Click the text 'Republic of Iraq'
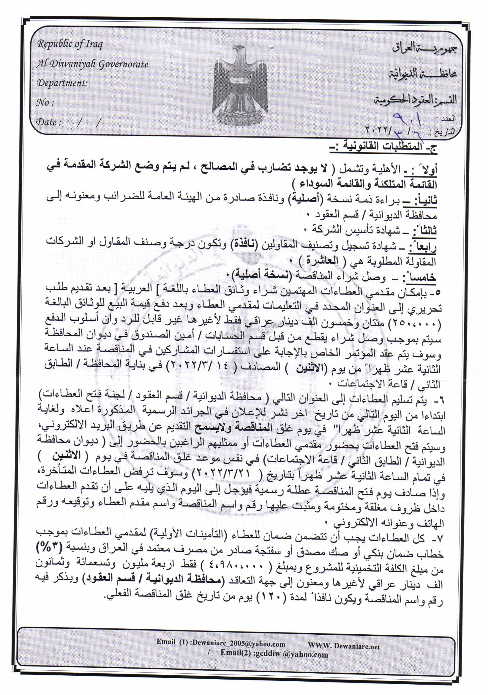pos(70,44)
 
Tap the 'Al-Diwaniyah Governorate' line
pos(92,64)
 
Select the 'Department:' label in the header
pos(62,83)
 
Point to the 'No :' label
pos(45,103)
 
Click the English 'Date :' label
pos(49,122)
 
